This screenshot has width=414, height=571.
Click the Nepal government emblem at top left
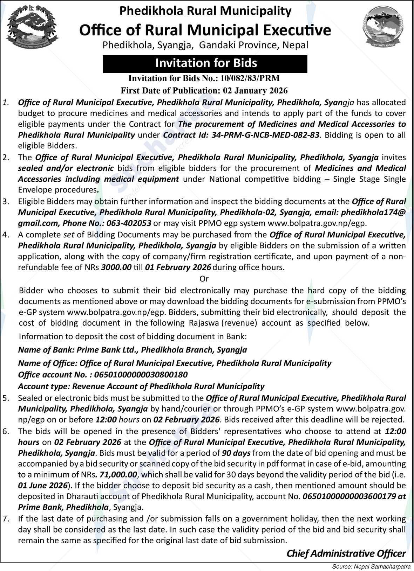click(x=33, y=27)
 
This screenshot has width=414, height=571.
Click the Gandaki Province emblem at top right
click(x=382, y=27)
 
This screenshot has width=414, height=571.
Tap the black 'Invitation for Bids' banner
click(x=205, y=63)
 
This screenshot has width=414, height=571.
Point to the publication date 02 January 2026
click(x=255, y=90)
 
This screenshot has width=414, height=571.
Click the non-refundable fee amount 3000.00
click(x=116, y=267)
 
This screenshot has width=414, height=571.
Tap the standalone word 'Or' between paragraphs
click(x=204, y=279)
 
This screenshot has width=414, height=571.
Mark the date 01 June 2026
click(x=42, y=486)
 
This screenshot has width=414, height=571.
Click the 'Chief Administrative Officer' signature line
click(x=346, y=553)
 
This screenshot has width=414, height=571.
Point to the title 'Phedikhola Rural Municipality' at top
click(x=205, y=11)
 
